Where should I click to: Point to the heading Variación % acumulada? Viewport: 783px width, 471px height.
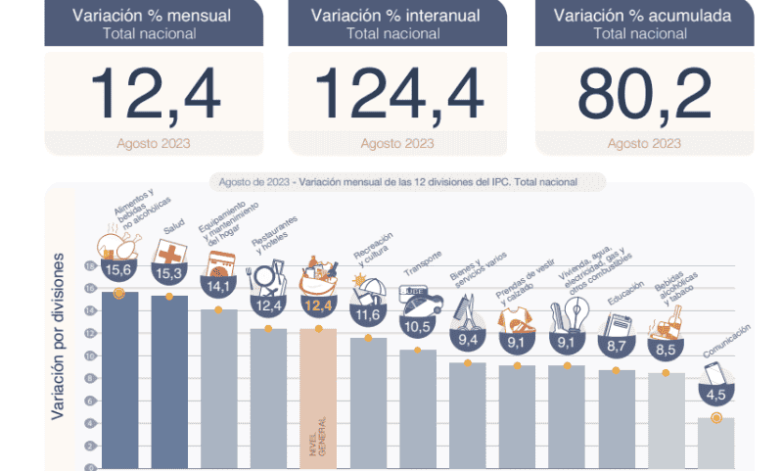point(643,15)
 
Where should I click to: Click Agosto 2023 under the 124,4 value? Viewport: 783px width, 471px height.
point(397,144)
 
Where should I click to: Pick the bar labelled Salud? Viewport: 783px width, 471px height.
point(169,382)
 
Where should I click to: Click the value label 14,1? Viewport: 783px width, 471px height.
point(218,286)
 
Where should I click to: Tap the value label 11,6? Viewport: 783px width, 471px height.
point(368,315)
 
